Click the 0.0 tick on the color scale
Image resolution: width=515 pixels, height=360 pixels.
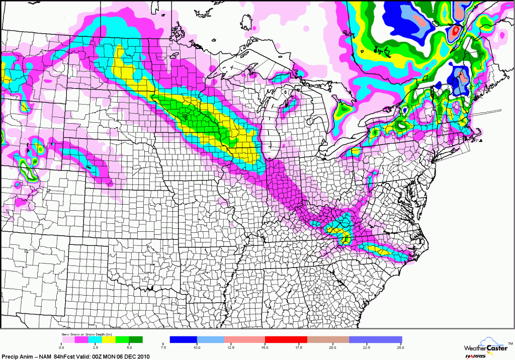[x=61, y=347]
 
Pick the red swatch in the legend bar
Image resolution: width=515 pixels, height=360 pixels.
[x=286, y=340]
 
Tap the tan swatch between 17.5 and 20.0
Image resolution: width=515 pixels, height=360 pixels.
[x=328, y=340]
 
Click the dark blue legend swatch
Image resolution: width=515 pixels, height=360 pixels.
[x=184, y=340]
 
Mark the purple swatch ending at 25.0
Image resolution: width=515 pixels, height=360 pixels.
[x=376, y=340]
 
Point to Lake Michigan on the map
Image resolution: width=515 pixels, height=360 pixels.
[x=273, y=126]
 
